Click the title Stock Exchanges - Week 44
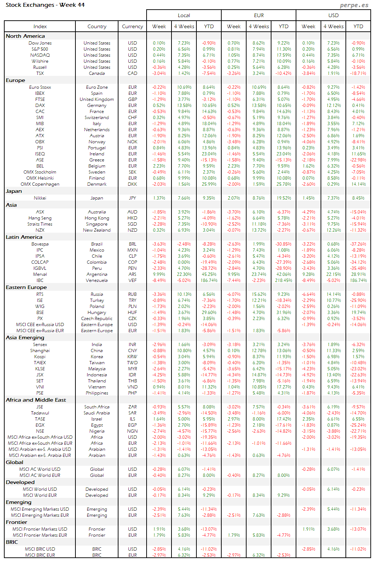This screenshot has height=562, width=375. click(45, 5)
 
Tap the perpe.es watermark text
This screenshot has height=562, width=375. click(354, 5)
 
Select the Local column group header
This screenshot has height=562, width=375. click(184, 15)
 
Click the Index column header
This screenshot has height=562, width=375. click(40, 26)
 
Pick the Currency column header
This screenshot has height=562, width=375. click(132, 26)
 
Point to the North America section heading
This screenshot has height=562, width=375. click(25, 36)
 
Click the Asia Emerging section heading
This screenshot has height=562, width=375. click(25, 337)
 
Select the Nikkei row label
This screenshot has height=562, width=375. click(40, 198)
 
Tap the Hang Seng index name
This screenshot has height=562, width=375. click(40, 218)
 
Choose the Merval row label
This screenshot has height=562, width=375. click(40, 274)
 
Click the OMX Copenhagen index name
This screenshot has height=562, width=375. click(40, 184)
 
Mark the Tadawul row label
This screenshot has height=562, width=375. click(40, 413)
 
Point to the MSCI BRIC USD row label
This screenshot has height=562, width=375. click(40, 549)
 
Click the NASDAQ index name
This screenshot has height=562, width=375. click(40, 55)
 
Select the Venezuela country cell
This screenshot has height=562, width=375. click(97, 280)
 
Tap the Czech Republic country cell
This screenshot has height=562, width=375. click(97, 319)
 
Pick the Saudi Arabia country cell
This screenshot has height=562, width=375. click(97, 413)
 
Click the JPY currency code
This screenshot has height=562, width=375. click(132, 198)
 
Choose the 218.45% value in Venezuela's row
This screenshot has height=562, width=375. click(284, 280)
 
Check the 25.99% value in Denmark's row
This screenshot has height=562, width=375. click(209, 184)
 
